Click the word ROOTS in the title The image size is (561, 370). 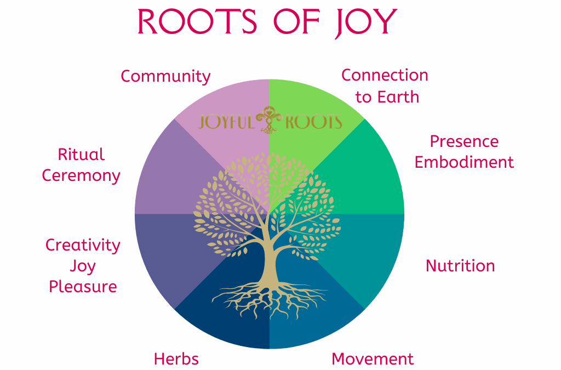(197, 21)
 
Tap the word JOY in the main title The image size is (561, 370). (366, 23)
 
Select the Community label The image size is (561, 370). (165, 77)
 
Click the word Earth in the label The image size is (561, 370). (398, 97)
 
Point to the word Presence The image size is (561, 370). (464, 141)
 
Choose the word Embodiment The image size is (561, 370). (464, 162)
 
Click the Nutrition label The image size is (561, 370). (460, 266)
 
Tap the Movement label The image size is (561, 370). (373, 359)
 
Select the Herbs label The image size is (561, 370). (176, 359)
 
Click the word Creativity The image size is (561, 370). (83, 246)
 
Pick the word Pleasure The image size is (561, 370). (83, 287)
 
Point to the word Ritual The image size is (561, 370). (81, 155)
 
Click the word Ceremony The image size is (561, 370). (81, 176)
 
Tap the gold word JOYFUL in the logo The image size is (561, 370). (226, 122)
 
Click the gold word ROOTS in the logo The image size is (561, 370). (314, 122)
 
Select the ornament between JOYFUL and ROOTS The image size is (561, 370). (269, 120)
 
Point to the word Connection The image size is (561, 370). (385, 76)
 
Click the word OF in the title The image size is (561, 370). (296, 21)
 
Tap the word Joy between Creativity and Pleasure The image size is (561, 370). (83, 266)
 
